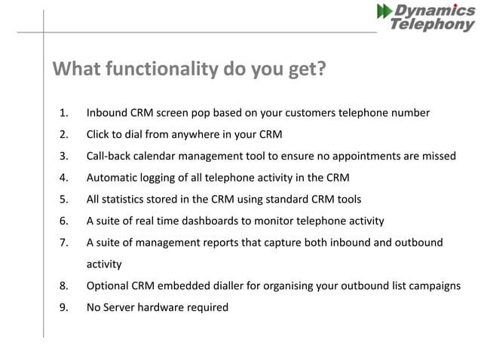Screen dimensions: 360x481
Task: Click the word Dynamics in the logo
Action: pyautogui.click(x=436, y=11)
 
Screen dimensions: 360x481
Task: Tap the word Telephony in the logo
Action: pyautogui.click(x=433, y=25)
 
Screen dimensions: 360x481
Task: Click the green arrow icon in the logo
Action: pyautogui.click(x=384, y=11)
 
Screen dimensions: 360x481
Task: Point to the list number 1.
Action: pyautogui.click(x=64, y=113)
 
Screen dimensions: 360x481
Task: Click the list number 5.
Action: pyautogui.click(x=64, y=200)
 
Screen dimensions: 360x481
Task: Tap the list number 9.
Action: pyautogui.click(x=64, y=307)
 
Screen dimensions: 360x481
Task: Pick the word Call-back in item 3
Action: pyautogui.click(x=111, y=157)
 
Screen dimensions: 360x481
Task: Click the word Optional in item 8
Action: pyautogui.click(x=110, y=286)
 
